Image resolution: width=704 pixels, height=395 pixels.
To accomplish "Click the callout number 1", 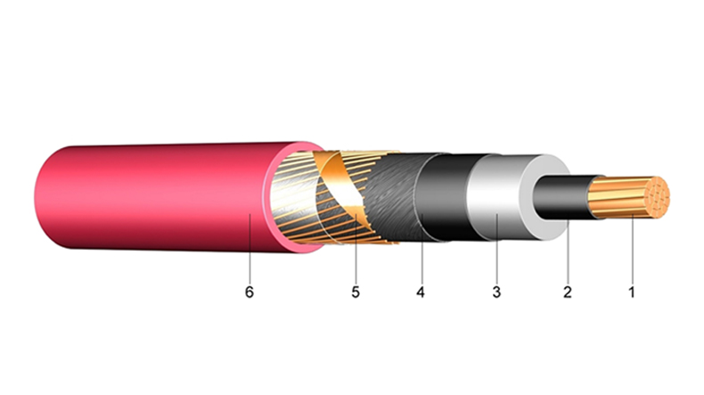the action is click(632, 292).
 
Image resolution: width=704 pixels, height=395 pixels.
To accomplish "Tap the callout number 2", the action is click(568, 292).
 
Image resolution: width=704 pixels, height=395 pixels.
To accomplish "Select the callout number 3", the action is click(496, 292).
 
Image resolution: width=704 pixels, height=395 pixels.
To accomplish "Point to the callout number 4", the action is click(421, 292).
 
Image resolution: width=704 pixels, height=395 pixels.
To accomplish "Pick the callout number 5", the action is click(356, 292).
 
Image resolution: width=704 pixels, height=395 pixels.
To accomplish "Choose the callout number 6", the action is click(250, 292).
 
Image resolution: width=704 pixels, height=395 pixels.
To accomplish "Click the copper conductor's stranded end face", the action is click(656, 198).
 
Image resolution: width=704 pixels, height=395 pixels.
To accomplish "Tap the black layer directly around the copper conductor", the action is click(561, 198).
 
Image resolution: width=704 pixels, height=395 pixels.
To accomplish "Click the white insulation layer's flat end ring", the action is click(544, 197).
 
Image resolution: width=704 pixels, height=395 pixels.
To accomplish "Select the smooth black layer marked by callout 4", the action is click(442, 198).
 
